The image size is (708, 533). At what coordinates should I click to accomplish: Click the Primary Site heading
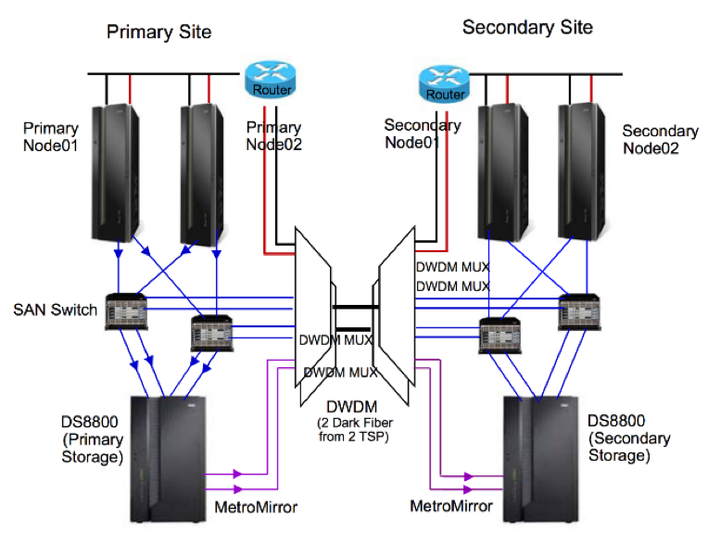(x=158, y=32)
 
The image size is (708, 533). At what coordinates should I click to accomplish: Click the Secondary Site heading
(x=527, y=28)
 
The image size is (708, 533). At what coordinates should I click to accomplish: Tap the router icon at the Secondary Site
(x=439, y=83)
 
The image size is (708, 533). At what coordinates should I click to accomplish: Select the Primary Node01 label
(x=51, y=138)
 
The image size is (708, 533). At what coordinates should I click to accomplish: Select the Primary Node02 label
(x=273, y=135)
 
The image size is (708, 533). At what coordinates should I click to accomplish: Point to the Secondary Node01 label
(x=423, y=133)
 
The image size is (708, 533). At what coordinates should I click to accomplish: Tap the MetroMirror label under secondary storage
(x=451, y=506)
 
